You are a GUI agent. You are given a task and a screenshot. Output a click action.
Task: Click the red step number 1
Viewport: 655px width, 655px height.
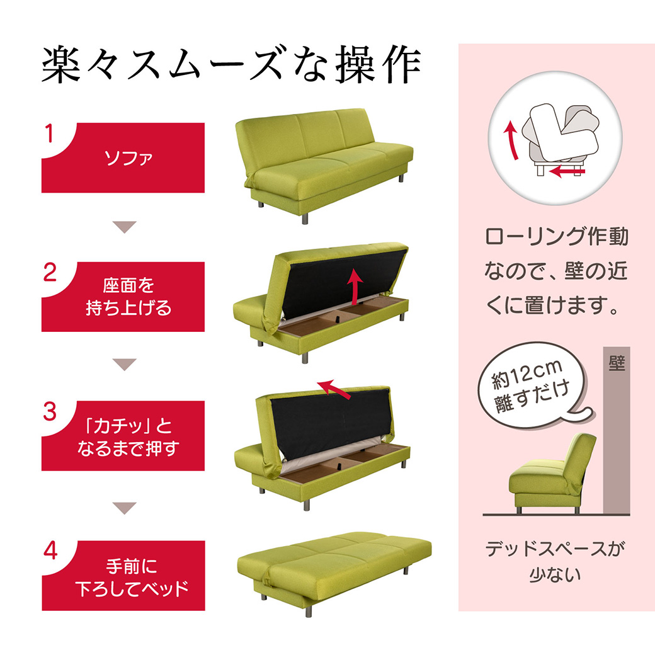coord(49,134)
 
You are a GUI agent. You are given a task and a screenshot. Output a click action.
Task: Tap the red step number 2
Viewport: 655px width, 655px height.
coord(50,272)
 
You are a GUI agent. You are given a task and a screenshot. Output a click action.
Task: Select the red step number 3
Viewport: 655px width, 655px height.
coord(50,411)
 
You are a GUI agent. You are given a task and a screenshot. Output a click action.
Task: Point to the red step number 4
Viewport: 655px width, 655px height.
coord(50,550)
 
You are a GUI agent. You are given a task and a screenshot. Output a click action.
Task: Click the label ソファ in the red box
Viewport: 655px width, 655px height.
coord(128,158)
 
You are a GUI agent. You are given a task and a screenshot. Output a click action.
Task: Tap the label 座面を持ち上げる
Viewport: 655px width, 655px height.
coord(128,297)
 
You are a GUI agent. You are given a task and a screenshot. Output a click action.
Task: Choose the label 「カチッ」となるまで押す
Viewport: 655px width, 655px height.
coord(128,437)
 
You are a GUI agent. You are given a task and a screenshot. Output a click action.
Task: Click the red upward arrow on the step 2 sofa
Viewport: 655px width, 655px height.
coord(355,287)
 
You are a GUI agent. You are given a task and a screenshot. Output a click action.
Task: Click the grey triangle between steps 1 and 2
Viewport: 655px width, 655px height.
coord(124,227)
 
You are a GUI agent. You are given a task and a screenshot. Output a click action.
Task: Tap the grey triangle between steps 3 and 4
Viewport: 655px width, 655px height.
coord(125,508)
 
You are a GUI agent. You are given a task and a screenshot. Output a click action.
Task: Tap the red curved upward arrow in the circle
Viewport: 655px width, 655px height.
coord(512,140)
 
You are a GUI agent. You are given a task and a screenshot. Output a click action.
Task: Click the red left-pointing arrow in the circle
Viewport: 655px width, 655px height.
coord(567,171)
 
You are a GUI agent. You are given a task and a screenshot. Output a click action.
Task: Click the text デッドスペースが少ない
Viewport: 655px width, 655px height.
coord(555,561)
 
